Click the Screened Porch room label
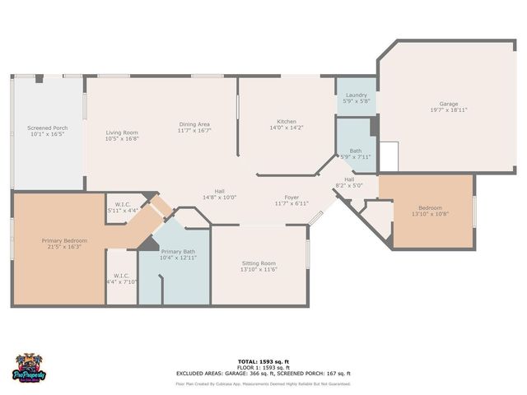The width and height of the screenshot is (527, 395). pos(48,128)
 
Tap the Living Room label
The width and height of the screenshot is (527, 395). pos(121,132)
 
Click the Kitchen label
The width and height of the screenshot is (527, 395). pos(287,122)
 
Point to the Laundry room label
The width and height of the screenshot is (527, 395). pos(357,95)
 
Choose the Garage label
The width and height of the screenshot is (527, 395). pos(448,104)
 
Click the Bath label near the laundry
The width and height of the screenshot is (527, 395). pos(356,151)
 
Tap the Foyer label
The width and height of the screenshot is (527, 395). pos(291,197)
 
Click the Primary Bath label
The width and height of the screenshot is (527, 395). pos(178,252)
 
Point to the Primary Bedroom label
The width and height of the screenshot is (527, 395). pos(64,240)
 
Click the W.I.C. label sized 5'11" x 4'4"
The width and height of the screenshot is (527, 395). pos(123,205)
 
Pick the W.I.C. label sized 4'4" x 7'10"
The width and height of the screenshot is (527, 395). pos(121,277)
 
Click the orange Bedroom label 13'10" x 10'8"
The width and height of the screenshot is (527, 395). pos(430,207)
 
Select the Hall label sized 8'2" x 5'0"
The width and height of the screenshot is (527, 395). pos(349,179)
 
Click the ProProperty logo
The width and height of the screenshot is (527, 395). pos(30,368)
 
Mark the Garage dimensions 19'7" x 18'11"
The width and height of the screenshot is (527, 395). pos(448,110)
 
